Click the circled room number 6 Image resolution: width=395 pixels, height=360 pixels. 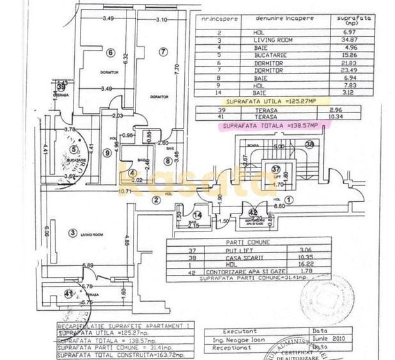[111, 52]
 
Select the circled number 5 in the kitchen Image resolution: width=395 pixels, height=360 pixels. [74, 150]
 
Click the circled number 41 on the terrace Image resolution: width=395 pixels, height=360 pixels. [68, 293]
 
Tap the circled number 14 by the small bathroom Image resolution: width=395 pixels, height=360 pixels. [198, 215]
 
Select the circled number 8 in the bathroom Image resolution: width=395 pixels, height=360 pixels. [167, 161]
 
